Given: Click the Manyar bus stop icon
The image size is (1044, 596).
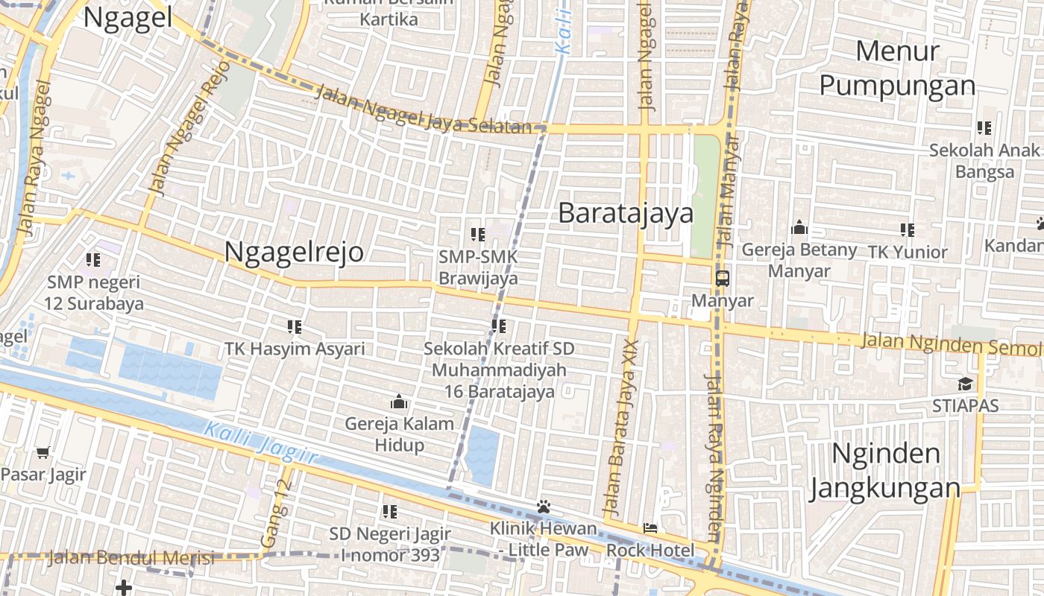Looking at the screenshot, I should tap(722, 279).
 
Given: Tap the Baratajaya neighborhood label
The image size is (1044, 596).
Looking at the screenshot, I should tap(625, 213).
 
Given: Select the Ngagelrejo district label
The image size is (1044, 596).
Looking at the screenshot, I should tap(294, 252).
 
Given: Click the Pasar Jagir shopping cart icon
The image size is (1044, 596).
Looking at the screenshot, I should tap(43, 452).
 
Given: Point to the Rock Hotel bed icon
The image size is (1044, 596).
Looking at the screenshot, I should tap(650, 528).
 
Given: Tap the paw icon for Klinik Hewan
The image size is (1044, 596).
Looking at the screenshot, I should tap(543, 507).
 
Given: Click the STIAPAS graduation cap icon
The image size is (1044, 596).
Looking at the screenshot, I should tap(965, 384).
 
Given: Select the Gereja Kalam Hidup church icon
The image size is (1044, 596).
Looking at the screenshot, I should tap(399, 402).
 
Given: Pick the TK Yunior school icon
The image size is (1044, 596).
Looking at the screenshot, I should tap(907, 229).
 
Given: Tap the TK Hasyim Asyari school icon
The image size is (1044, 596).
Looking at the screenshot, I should tap(295, 326).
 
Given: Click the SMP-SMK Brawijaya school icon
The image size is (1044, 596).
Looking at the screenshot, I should tap(478, 235).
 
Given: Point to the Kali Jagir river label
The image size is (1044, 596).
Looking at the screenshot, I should tap(261, 443).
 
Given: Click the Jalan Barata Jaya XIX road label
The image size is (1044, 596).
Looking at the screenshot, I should tap(621, 428).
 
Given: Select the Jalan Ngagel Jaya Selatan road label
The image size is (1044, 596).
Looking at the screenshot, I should tap(423, 110).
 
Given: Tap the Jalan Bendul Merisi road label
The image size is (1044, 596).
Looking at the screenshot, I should tap(131, 557).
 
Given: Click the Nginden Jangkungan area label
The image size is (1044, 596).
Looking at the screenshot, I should tap(885, 470).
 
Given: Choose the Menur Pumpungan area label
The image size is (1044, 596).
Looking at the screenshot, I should tap(897, 69).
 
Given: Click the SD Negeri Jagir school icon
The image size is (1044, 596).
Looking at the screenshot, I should tap(389, 512).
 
